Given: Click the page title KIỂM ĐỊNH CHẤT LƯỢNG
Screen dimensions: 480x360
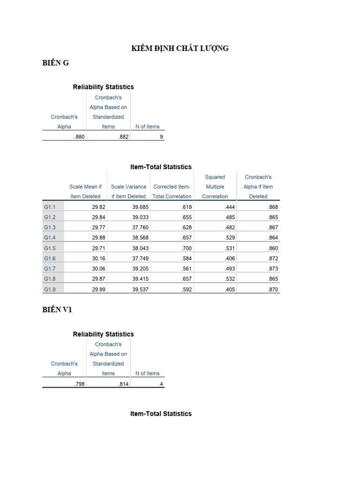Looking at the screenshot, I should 179,48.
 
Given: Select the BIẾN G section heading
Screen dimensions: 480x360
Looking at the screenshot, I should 55,63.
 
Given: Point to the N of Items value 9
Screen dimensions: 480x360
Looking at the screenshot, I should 161,137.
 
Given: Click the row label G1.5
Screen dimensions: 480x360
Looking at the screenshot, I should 50,248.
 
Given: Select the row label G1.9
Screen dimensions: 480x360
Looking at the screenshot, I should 50,290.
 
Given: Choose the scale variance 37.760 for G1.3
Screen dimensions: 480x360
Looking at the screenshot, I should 140,228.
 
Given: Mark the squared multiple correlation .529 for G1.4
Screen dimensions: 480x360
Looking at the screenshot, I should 230,238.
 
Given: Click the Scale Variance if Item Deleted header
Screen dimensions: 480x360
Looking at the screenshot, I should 128,192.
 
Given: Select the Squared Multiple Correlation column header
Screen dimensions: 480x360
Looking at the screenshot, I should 215,187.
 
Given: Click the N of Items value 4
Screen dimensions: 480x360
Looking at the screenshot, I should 161,384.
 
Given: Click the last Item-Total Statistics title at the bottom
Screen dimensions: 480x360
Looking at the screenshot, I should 160,414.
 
